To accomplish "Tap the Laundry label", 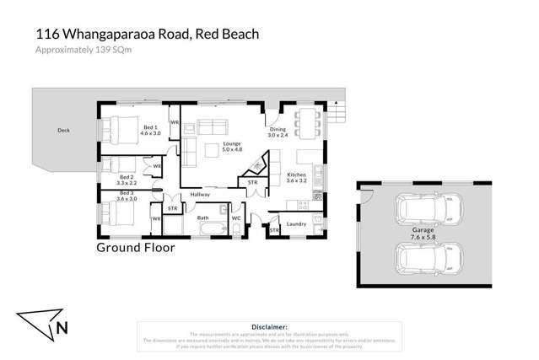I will tap(296, 223).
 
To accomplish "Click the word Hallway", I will tap(200, 195).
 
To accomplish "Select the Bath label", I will tap(203, 218).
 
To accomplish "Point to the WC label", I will tap(236, 218).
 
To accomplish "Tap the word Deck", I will tap(63, 131).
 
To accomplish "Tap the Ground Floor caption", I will tap(136, 248).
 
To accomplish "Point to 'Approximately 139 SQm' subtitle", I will tap(84, 50).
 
